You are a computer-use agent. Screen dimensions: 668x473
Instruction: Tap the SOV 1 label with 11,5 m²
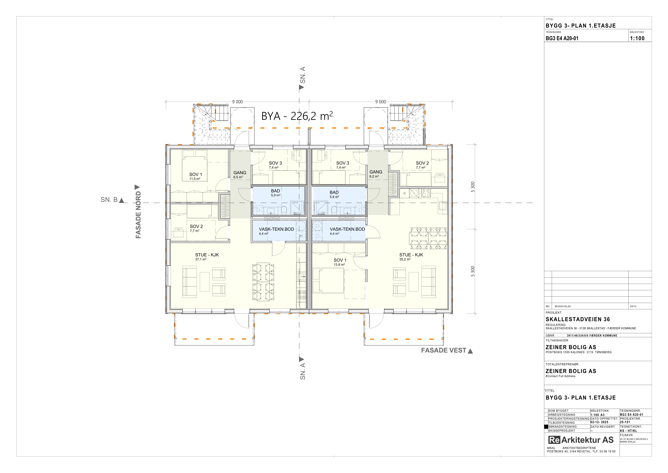[196, 176]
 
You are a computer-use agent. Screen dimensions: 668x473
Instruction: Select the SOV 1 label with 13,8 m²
[340, 262]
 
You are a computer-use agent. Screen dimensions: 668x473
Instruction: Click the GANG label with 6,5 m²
[240, 174]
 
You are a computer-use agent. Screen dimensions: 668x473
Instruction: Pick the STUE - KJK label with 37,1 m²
[207, 257]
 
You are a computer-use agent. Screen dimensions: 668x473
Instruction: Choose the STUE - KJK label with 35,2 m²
[411, 257]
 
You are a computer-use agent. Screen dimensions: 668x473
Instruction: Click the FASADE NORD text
[138, 215]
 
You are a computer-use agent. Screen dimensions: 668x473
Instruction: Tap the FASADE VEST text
[444, 350]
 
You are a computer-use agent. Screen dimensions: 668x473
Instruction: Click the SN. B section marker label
[109, 200]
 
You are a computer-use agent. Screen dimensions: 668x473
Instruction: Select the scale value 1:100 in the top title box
[637, 38]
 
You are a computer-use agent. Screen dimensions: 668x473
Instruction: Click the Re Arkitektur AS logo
[581, 440]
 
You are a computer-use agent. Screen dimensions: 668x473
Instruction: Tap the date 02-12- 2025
[599, 422]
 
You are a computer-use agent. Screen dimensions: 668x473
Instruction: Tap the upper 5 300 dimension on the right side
[473, 187]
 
